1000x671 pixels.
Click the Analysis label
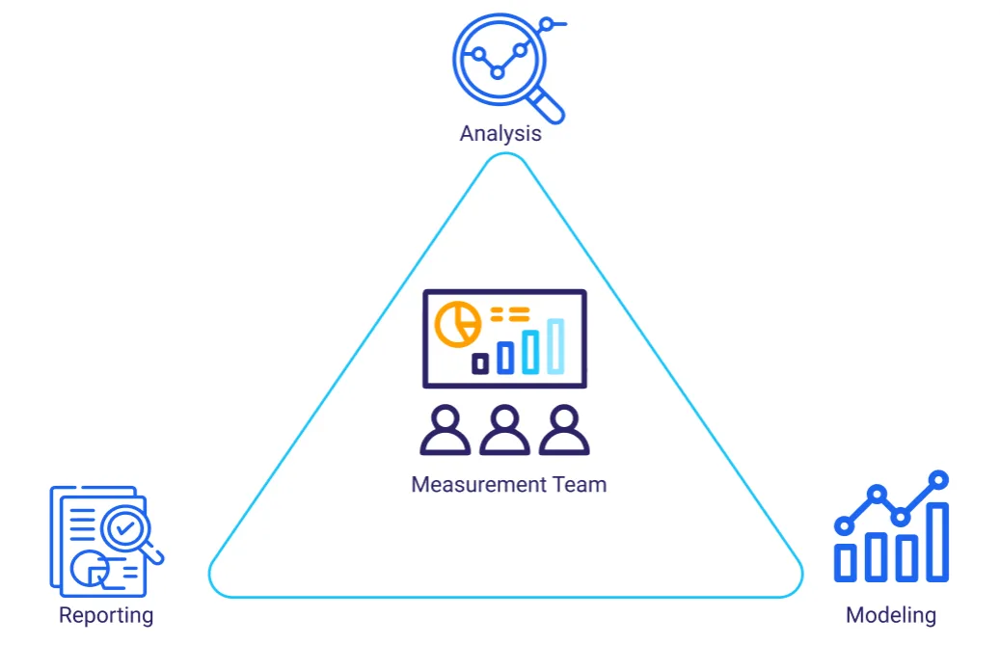coord(500,133)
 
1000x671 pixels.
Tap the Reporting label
coord(106,615)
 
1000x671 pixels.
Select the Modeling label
coord(890,615)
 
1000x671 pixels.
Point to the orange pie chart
coord(457,324)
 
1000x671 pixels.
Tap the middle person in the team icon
coord(504,430)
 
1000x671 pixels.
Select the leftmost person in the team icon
coord(446,430)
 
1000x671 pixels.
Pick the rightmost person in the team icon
coord(564,430)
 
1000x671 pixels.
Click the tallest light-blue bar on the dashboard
coord(555,345)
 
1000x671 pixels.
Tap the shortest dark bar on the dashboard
coord(480,363)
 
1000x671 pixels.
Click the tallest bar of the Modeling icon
coord(936,541)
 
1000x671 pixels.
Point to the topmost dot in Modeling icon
coord(938,479)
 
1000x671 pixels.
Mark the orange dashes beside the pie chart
coord(510,313)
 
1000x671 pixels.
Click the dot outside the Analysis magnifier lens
coord(548,23)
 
